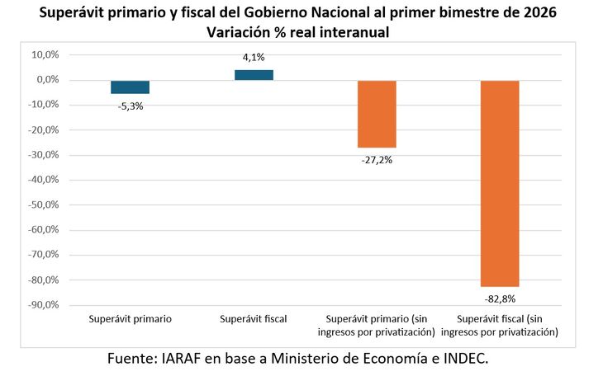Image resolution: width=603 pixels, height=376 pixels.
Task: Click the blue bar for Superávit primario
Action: click(130, 87)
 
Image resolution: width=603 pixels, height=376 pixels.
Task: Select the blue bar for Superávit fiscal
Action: click(254, 75)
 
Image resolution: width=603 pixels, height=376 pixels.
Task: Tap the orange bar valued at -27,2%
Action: click(377, 114)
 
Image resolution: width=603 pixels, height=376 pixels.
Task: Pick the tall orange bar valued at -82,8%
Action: click(500, 183)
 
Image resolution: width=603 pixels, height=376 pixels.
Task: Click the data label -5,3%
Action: click(131, 106)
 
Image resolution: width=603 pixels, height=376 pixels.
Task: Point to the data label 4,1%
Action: click(254, 57)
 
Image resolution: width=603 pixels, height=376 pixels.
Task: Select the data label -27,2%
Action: click(377, 160)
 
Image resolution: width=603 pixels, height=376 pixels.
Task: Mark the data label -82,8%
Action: click(500, 298)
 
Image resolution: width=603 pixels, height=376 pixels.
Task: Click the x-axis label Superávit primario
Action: click(131, 318)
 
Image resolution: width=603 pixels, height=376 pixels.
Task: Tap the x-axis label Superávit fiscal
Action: click(254, 318)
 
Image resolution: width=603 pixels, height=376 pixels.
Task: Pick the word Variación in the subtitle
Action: click(242, 32)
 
